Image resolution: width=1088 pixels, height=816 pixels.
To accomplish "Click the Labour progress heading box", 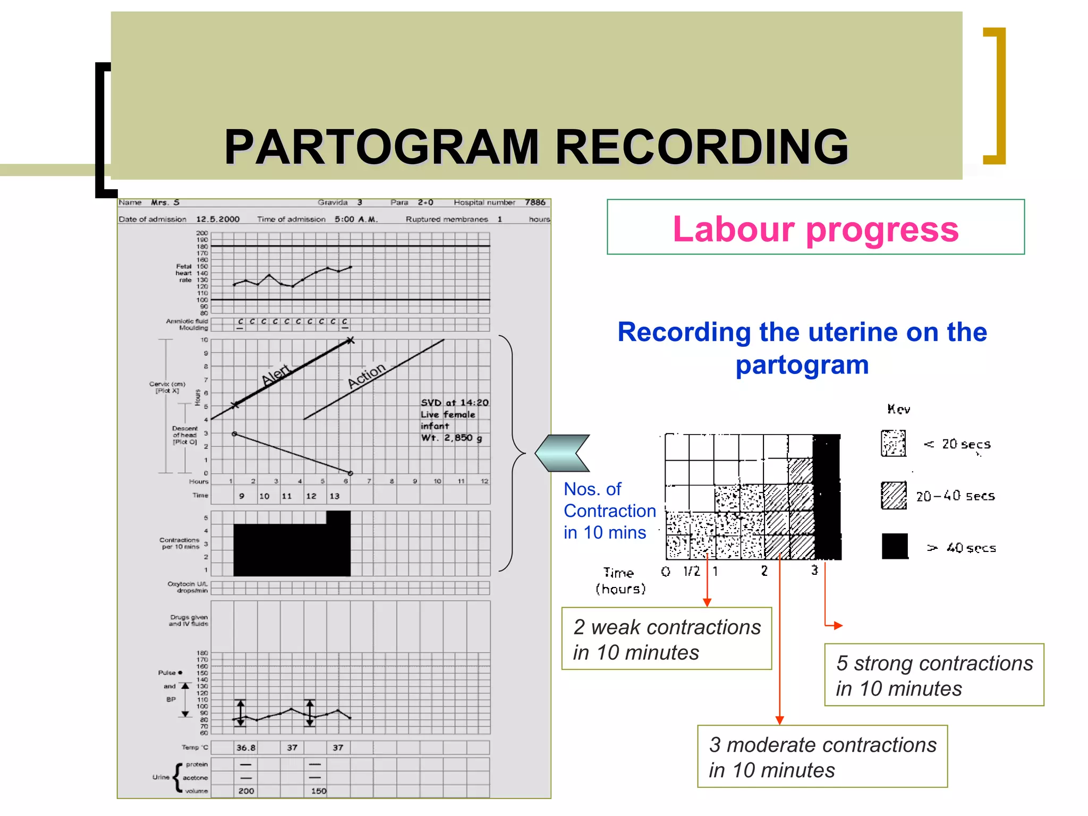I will pos(815,228).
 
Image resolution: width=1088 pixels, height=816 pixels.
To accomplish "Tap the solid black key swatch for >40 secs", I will pos(894,546).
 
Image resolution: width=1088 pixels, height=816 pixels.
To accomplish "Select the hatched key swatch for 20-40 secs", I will pos(894,495).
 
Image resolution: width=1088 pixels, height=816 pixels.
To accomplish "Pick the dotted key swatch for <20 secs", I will pos(893,444).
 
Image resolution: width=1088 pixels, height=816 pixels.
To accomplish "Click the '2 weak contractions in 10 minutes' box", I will pos(666,639).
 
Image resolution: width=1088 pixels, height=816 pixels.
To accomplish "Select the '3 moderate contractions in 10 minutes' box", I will pos(822,756).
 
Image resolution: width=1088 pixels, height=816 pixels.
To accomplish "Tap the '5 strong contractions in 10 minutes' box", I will pos(933,675).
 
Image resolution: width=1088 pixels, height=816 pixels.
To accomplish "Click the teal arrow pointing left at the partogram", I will pos(562,453).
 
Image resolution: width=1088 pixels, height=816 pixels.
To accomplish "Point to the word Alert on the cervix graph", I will pos(276,374).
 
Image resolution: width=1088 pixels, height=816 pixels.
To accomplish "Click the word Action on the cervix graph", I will pos(366,375).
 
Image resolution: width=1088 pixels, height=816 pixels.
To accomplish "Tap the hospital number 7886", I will pos(535,202).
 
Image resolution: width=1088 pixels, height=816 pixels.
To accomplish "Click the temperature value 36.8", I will pos(245,747).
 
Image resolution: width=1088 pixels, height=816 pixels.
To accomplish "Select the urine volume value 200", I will pos(246,791).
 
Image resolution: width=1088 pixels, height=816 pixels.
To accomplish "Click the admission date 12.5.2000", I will pos(218,219).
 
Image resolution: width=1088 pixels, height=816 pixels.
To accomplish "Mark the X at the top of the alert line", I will pos(350,341).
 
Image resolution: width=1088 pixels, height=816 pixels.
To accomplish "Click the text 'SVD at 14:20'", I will pos(454,403).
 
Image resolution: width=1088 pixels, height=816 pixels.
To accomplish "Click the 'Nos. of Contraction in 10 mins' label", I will pos(609,511).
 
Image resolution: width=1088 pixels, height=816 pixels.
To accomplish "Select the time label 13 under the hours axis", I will pos(334,496).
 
